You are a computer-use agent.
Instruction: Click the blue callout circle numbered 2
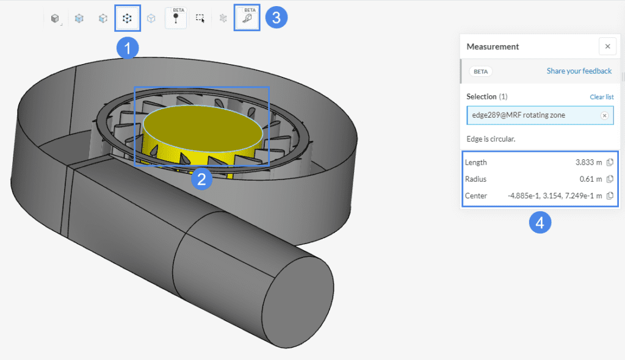coord(201,179)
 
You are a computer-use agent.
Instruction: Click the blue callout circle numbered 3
coord(276,17)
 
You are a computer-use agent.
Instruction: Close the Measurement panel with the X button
coord(607,46)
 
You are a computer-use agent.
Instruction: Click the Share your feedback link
coord(579,71)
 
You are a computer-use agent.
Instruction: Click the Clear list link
coord(601,97)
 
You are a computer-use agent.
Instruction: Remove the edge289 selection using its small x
coord(604,115)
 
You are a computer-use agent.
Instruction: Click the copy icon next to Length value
coord(610,162)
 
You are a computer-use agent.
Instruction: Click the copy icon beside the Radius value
coord(610,179)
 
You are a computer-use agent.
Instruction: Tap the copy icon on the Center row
coord(610,195)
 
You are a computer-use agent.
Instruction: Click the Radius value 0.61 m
coord(590,179)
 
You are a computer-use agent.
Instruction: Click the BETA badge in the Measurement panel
coord(480,71)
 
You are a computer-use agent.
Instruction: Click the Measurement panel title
coord(493,46)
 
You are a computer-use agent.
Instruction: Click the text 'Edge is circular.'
coord(491,139)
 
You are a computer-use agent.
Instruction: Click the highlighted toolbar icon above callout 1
coord(128,18)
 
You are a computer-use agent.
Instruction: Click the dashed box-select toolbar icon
coord(200,18)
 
